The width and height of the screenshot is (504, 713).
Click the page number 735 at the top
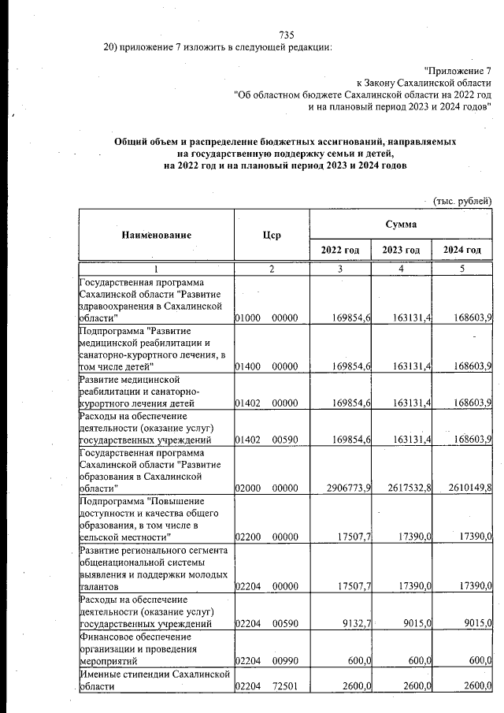click(x=287, y=34)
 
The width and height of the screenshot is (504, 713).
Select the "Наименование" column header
click(x=157, y=235)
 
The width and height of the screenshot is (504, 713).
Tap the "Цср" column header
click(x=272, y=235)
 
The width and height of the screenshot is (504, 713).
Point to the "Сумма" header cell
click(x=401, y=225)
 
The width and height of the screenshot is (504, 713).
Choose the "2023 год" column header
click(x=401, y=250)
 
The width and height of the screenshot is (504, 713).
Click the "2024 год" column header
click(x=462, y=250)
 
